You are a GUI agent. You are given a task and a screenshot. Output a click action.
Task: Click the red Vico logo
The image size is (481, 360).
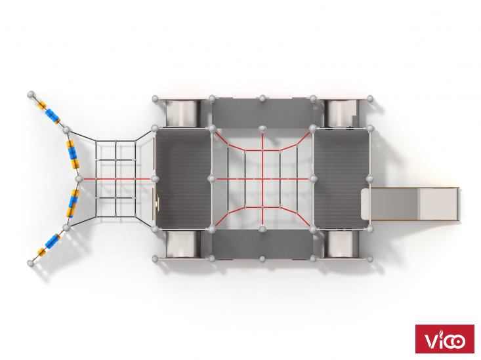click(x=444, y=339)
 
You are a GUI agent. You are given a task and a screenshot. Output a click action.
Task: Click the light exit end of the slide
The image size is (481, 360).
click(x=438, y=204)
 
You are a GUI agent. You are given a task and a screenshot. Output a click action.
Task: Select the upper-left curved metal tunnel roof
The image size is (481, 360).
click(x=183, y=113)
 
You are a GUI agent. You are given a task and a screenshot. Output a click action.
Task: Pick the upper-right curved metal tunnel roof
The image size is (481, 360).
click(x=341, y=113)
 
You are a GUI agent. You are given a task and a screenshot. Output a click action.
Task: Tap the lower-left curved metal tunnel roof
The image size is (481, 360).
click(x=183, y=245)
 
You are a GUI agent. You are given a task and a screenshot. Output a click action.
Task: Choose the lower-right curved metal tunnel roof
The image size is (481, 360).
click(x=341, y=245)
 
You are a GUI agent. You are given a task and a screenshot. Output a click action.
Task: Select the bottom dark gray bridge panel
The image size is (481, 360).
click(x=262, y=245)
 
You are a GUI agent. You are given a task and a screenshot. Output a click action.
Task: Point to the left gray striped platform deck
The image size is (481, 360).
click(x=183, y=179)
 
